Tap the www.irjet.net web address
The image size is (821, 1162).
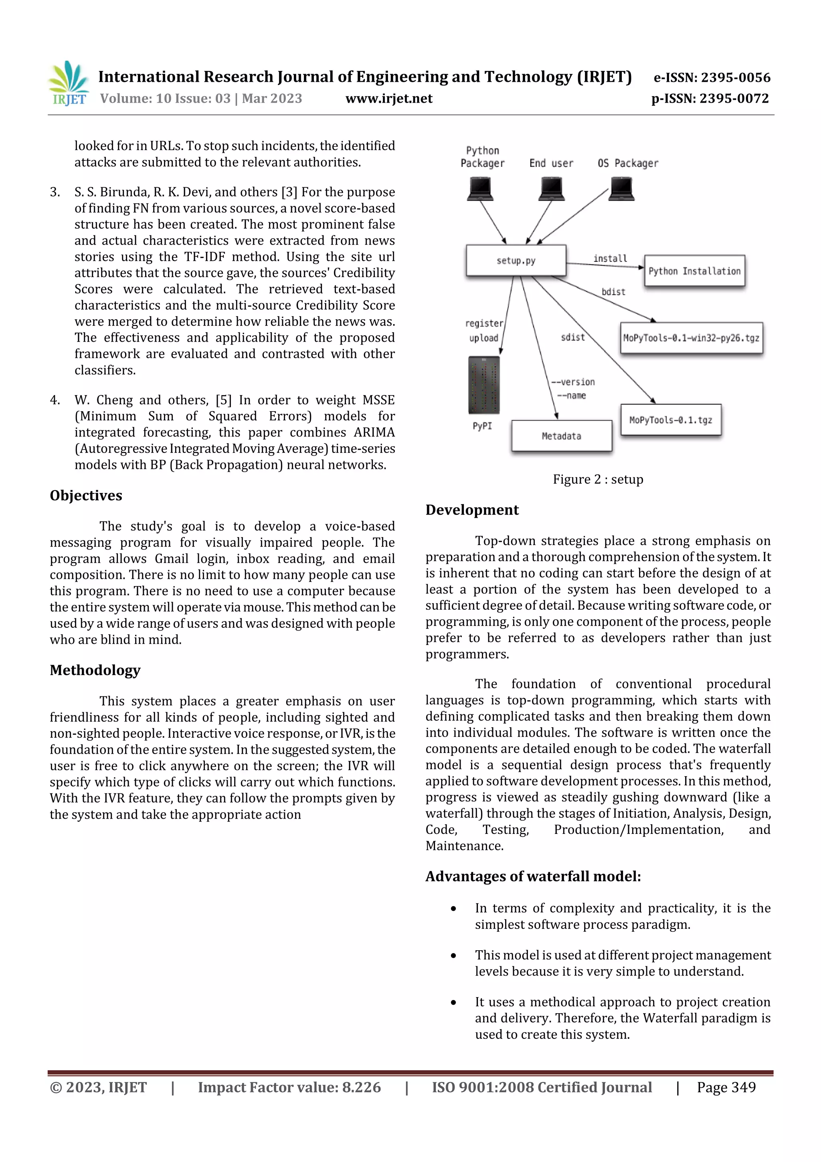click(x=388, y=98)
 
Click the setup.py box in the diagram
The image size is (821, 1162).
click(x=516, y=261)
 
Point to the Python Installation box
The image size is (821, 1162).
click(x=694, y=271)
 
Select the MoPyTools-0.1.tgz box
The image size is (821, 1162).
click(x=670, y=420)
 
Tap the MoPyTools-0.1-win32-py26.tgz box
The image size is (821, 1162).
click(x=691, y=338)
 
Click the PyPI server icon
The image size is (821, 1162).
click(x=483, y=385)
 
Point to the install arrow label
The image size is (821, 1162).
click(x=610, y=258)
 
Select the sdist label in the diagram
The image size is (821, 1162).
click(x=572, y=337)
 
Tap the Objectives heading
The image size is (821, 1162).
click(x=86, y=495)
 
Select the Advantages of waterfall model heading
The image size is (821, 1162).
click(x=533, y=876)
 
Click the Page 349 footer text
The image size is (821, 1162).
click(x=726, y=1087)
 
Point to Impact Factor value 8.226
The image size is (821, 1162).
click(x=289, y=1087)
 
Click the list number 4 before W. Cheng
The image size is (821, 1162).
click(x=55, y=400)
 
